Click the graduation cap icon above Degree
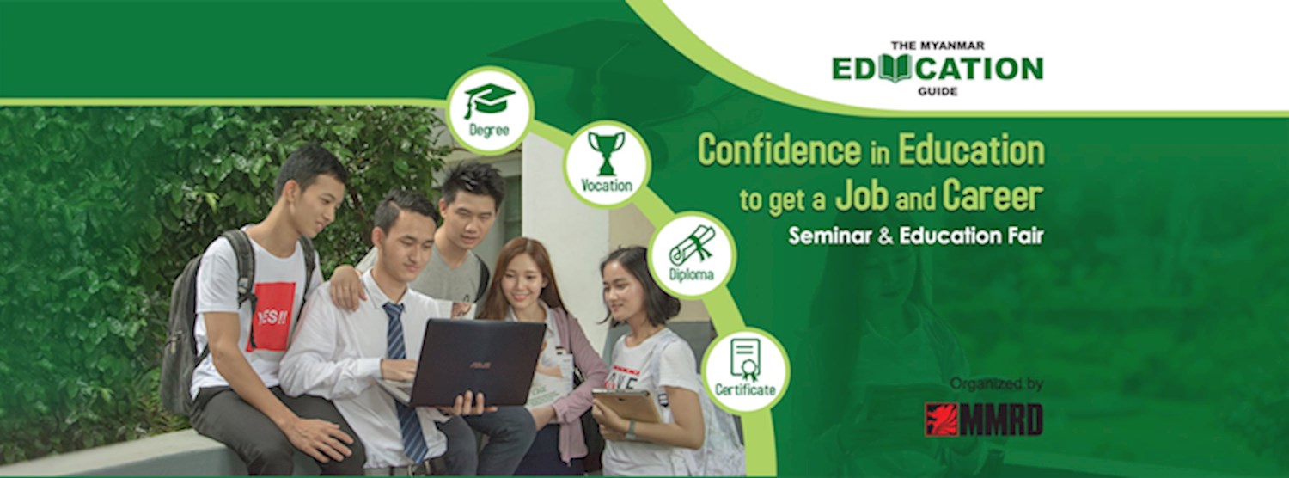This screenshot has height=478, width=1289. coord(489,99)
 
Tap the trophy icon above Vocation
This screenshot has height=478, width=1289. coord(606,152)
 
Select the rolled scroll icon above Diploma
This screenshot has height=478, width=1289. coord(692,245)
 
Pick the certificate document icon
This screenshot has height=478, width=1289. coord(745,358)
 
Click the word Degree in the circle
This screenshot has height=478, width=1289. coord(489,131)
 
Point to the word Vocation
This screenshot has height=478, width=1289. coord(607,185)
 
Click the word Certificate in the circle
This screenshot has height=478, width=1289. coord(745,389)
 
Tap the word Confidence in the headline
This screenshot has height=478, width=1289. coord(779,150)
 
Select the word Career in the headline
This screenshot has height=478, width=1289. coord(993,197)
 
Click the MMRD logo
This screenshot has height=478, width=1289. coord(983,419)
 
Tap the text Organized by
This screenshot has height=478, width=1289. coord(996,383)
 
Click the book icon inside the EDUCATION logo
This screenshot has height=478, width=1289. coord(895,68)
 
